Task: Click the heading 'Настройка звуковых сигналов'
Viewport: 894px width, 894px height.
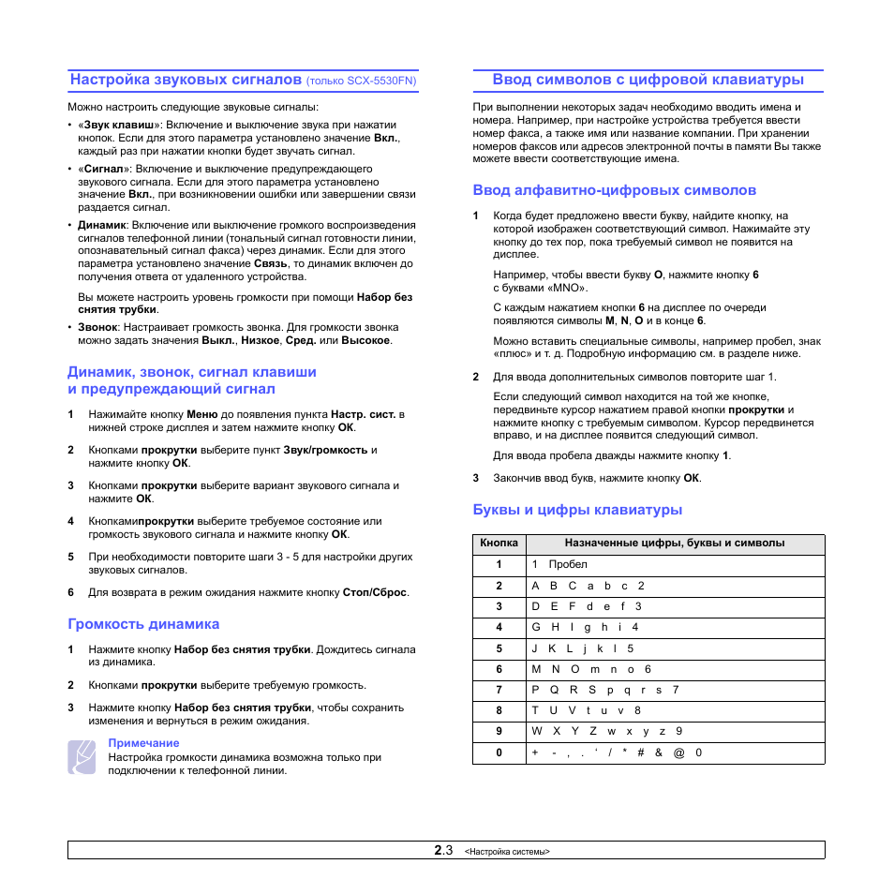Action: [186, 80]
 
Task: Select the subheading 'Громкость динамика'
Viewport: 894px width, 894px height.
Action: [143, 624]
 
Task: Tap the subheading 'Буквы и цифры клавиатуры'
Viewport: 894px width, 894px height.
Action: [577, 510]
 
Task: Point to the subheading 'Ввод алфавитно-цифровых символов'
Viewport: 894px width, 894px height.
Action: [614, 190]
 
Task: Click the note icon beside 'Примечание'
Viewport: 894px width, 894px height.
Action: [82, 756]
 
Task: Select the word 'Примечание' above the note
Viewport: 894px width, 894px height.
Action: [143, 743]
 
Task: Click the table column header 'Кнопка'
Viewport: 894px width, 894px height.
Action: [499, 544]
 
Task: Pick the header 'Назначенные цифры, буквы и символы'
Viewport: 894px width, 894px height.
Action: [675, 544]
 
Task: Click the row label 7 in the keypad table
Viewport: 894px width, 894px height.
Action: [499, 690]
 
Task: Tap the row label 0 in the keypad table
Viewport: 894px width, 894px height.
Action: [499, 752]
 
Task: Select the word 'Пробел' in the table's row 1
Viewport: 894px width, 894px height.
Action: [568, 564]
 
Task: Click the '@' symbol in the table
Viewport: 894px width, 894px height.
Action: [678, 752]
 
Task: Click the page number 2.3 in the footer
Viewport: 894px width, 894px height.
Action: [443, 851]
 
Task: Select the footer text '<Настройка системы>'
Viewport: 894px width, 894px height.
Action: [507, 852]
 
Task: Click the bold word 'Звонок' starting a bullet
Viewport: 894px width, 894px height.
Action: [97, 327]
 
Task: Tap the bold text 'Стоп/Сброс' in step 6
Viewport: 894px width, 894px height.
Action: [375, 592]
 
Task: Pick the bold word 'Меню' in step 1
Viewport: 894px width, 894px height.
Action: [202, 413]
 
